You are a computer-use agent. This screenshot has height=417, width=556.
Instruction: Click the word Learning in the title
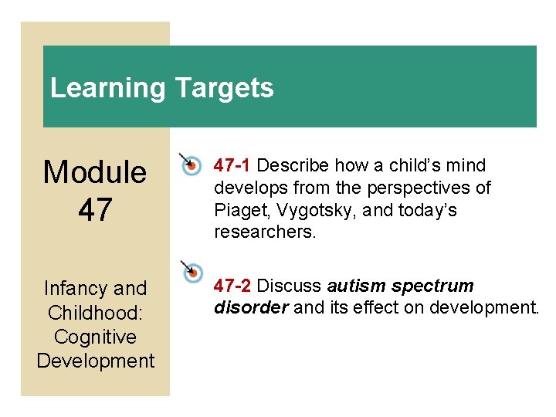(x=107, y=88)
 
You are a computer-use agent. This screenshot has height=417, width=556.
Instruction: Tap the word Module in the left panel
(x=95, y=171)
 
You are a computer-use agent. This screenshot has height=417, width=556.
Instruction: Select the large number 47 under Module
(x=95, y=209)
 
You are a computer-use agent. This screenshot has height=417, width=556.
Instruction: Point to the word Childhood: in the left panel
(x=95, y=313)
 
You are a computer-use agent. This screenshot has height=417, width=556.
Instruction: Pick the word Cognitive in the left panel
(x=95, y=337)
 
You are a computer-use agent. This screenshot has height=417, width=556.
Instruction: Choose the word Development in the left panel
(x=95, y=361)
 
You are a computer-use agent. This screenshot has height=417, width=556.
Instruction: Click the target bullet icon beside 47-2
(x=190, y=271)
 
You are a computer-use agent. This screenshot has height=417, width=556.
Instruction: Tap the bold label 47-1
(x=232, y=165)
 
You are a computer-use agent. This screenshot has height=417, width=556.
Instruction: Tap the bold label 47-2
(x=232, y=286)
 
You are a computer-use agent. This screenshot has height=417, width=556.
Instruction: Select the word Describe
(x=292, y=165)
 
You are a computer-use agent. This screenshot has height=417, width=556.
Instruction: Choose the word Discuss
(x=290, y=286)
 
